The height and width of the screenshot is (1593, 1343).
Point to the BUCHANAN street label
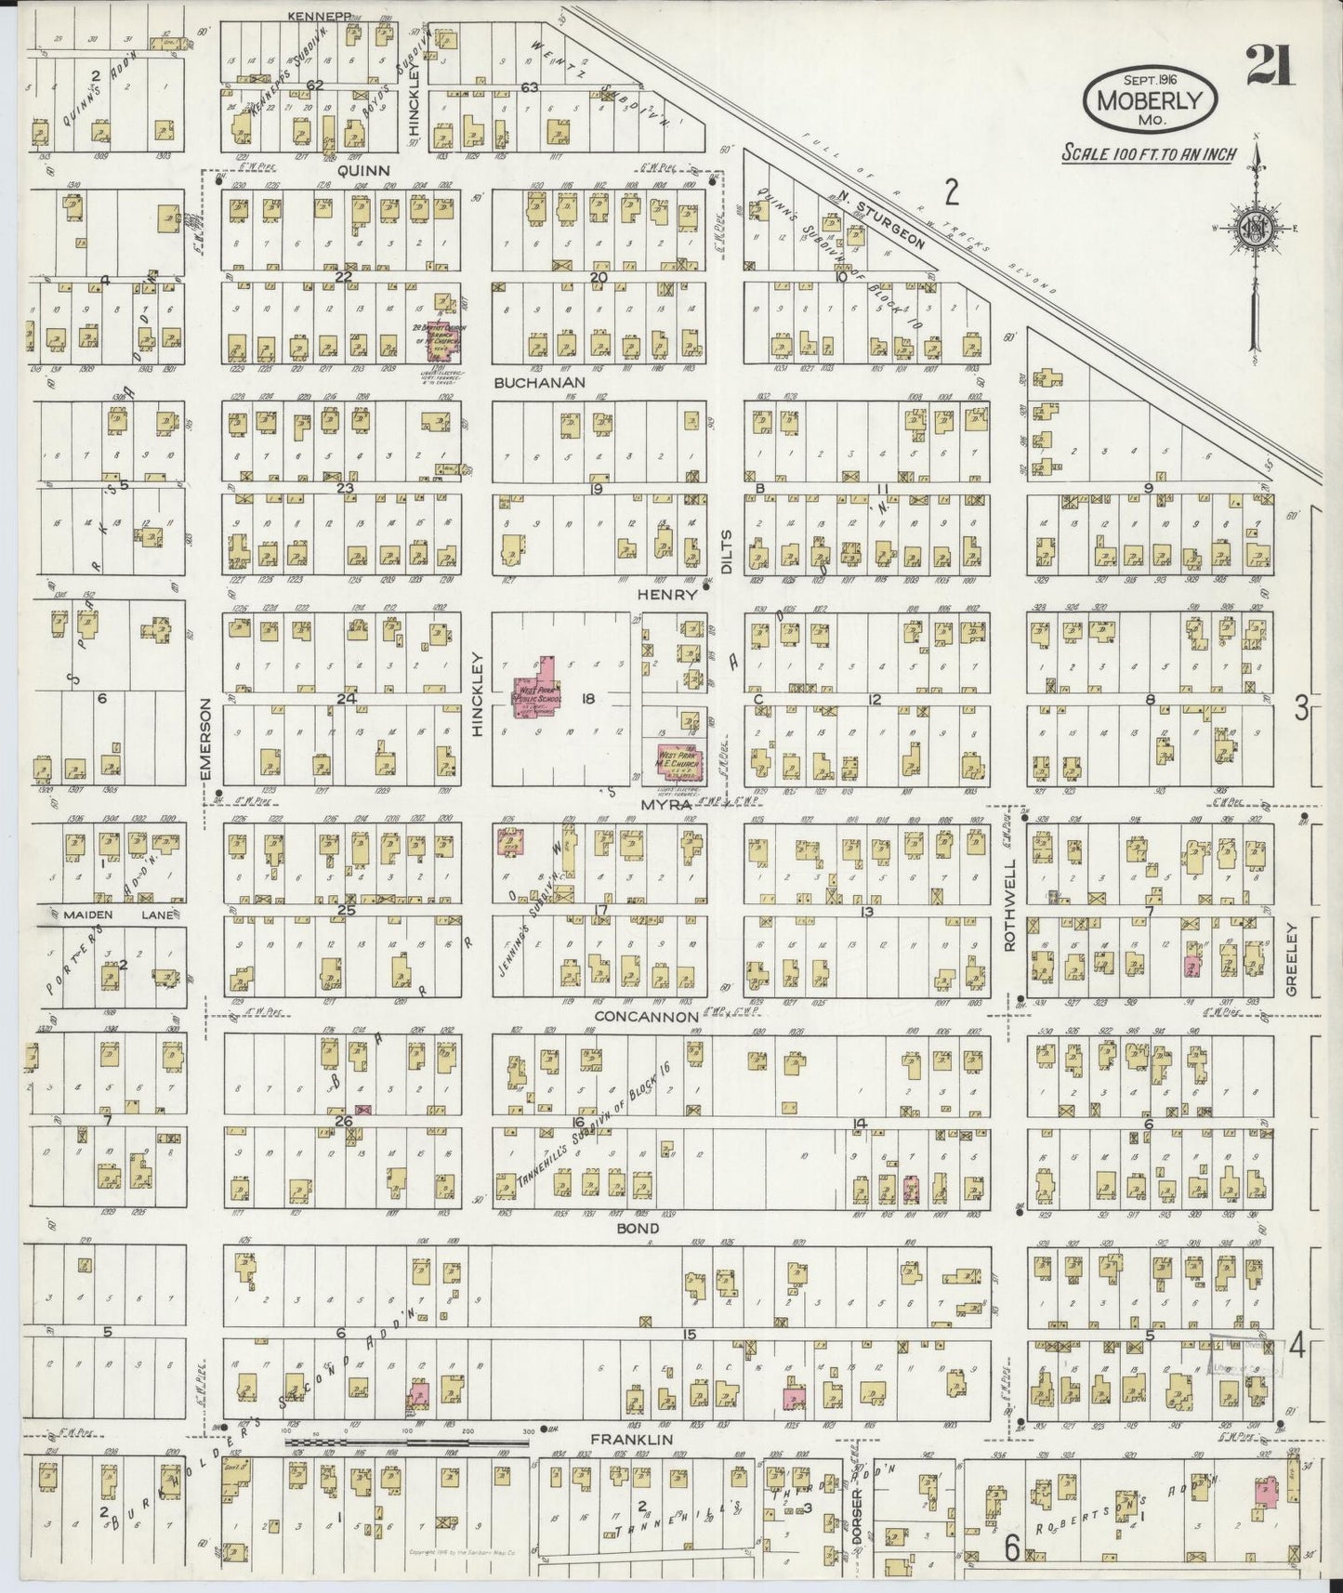coord(539,382)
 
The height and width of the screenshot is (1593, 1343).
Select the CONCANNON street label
coord(646,1017)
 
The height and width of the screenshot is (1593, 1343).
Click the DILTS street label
coord(727,547)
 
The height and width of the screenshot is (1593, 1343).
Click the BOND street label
coord(638,1228)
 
